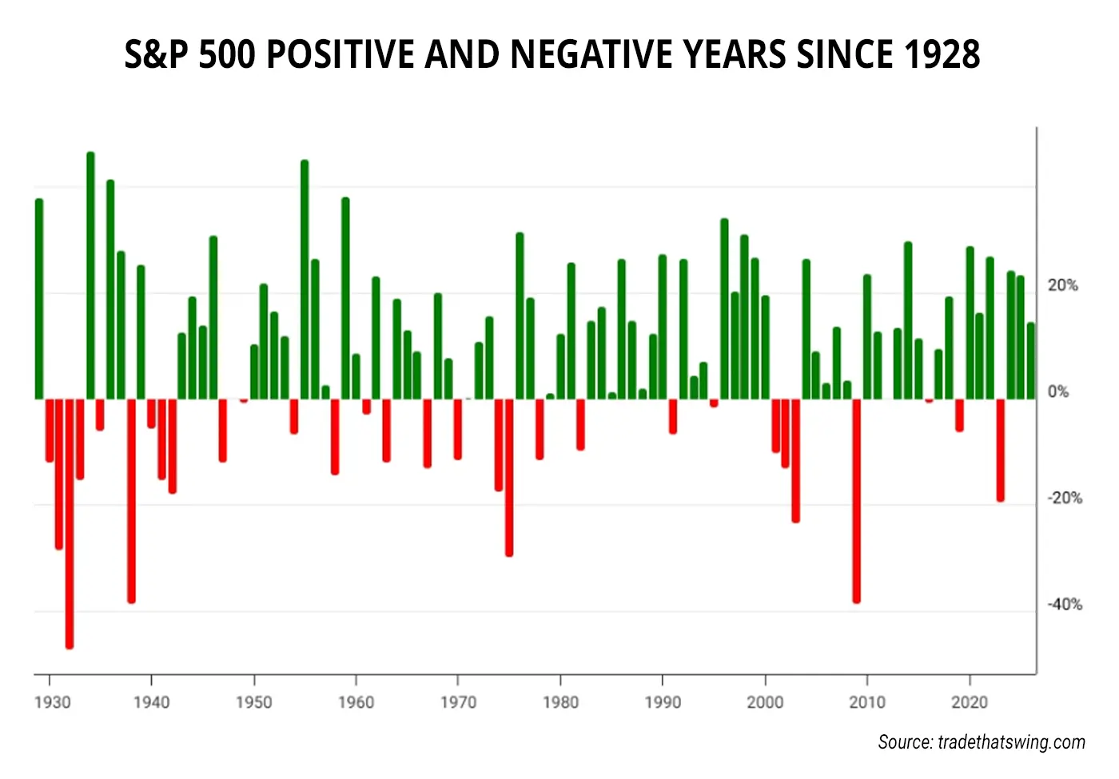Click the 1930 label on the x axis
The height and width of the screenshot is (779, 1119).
(52, 702)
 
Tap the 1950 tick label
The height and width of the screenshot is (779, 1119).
(253, 702)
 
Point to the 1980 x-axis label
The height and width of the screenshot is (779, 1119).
(560, 702)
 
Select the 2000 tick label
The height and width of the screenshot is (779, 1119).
(765, 702)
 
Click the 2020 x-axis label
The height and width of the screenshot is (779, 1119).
(970, 702)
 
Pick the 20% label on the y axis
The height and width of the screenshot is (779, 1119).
(1062, 285)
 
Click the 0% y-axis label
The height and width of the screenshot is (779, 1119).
(1057, 391)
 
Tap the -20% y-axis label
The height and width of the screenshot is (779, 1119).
(1064, 498)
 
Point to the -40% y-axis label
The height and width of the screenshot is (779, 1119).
(1064, 604)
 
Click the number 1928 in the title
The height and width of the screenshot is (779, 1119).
(942, 54)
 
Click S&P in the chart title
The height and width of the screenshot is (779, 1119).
(157, 54)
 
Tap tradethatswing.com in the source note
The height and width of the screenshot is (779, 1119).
(1011, 742)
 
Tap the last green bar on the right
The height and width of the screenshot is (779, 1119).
(1031, 360)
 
